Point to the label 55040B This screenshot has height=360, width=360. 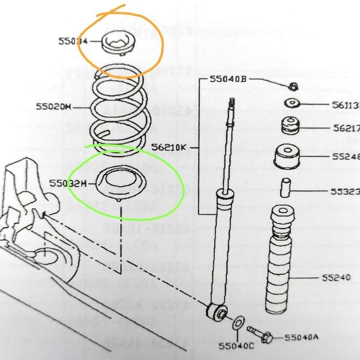(x=228, y=79)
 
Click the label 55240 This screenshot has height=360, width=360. (x=336, y=278)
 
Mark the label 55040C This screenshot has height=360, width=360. (x=237, y=346)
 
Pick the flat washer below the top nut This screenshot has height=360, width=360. (x=292, y=104)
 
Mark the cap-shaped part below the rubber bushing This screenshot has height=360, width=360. (x=287, y=157)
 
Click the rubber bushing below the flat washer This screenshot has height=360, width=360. (x=290, y=128)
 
